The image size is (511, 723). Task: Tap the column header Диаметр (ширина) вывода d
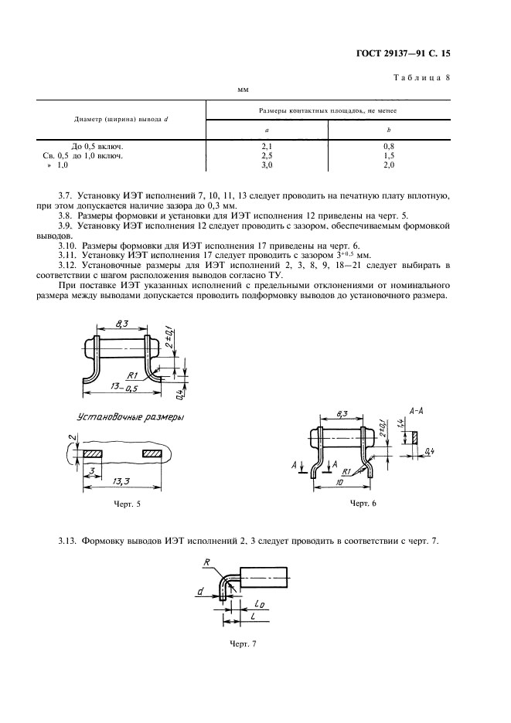(121, 119)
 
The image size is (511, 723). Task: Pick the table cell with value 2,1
(267, 145)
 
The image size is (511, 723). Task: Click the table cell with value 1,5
(389, 154)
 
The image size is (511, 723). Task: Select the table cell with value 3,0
(267, 165)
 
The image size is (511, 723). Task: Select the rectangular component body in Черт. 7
(265, 579)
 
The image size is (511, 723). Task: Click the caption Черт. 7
(242, 643)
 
